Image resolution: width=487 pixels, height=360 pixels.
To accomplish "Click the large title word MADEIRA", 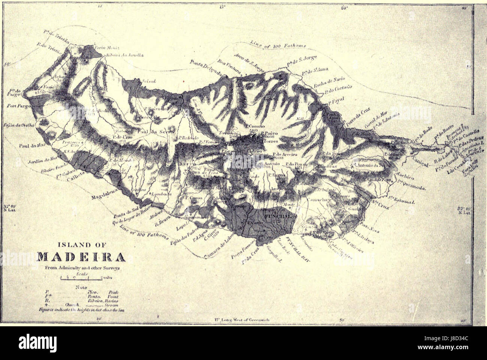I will pos(81,258).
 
